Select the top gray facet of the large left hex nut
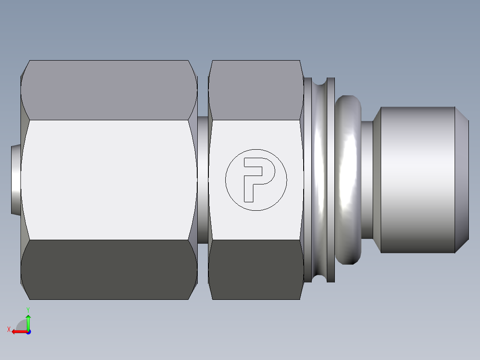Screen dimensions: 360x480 109,89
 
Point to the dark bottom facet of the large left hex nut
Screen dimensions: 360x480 109,270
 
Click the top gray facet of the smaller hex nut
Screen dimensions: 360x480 256,89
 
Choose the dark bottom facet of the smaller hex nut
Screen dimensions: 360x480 256,270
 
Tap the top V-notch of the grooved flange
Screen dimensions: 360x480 319,82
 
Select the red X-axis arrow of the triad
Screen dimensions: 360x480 18,331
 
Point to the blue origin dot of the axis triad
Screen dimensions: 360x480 28,332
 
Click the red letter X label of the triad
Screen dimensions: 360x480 8,330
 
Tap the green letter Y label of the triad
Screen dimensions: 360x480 28,309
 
